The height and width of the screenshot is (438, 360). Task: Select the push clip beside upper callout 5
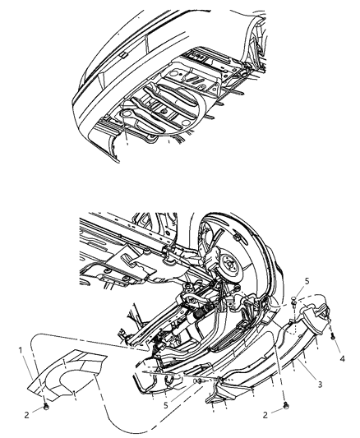[x=293, y=302]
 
